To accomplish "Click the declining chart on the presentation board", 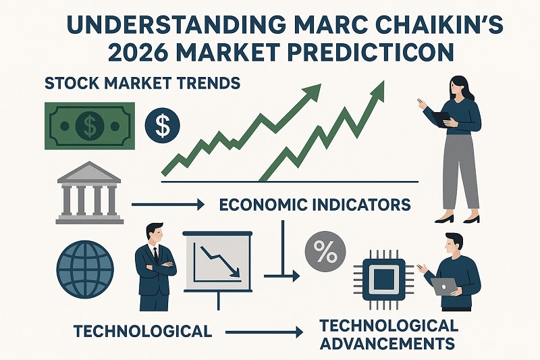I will pos(217,259).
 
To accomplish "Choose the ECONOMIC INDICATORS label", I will pos(314,203).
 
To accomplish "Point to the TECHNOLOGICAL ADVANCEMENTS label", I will pos(387,334).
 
